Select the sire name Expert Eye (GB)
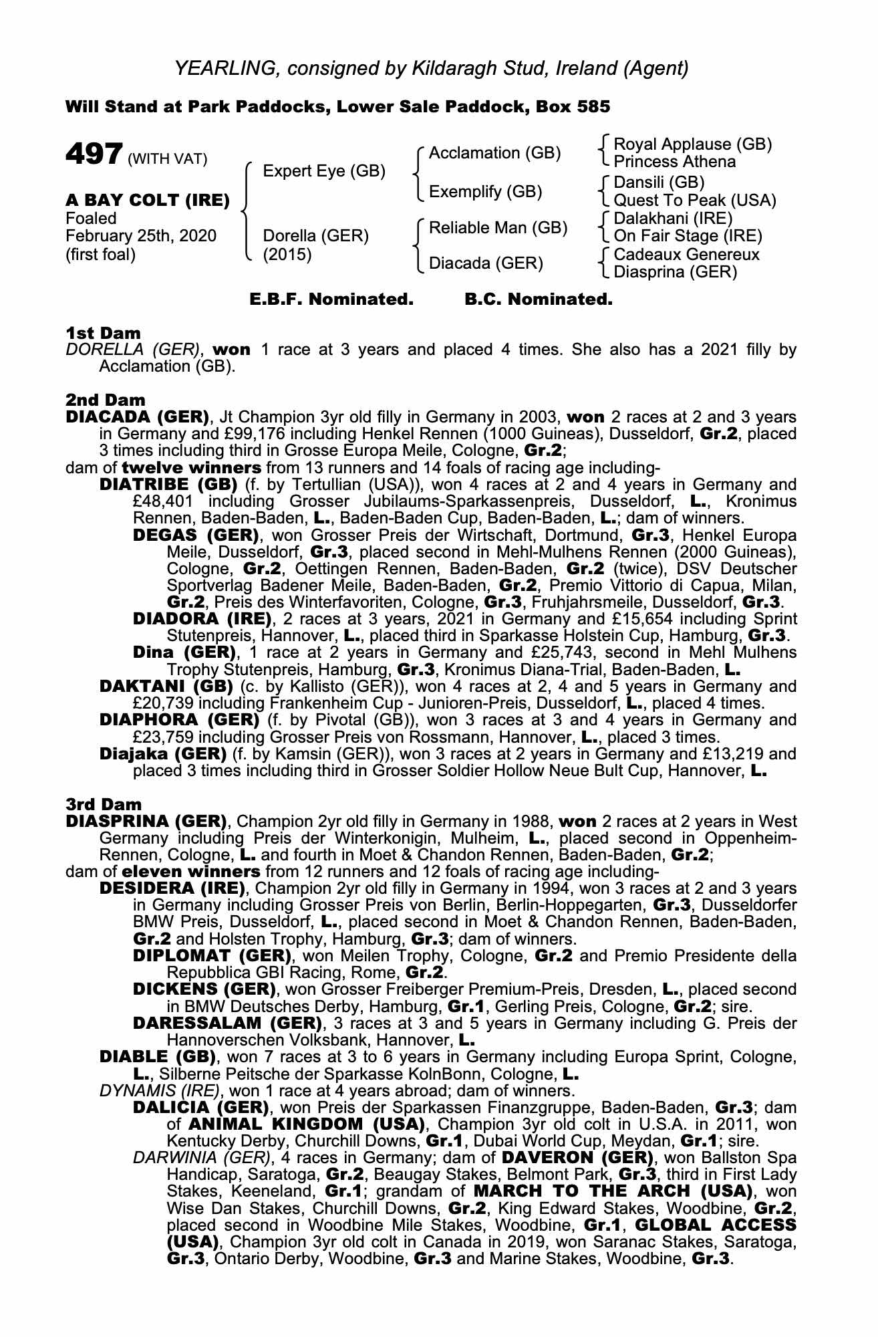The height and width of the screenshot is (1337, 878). [324, 171]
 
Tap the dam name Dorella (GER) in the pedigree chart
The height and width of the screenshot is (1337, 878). [315, 236]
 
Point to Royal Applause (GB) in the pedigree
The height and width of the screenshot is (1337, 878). [692, 144]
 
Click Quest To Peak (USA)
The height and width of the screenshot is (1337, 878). [694, 200]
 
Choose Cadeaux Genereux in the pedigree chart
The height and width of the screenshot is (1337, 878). [686, 254]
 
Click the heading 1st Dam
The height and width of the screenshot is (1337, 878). [104, 333]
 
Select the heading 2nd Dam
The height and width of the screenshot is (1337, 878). [105, 400]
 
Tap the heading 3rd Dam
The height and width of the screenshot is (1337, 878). [104, 804]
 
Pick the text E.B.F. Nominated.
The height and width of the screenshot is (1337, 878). [331, 299]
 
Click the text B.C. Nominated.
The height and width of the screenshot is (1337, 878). [538, 299]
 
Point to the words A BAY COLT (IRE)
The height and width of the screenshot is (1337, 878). [148, 200]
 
